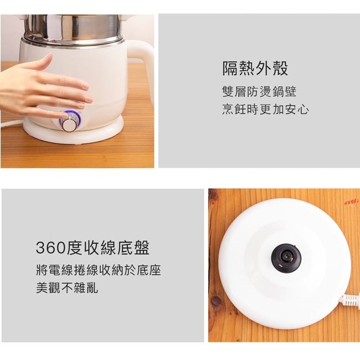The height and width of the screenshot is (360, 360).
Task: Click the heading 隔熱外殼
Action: pyautogui.click(x=255, y=68)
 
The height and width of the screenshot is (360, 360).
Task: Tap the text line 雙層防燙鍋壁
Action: pyautogui.click(x=259, y=91)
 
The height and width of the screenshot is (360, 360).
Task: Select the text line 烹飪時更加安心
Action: pyautogui.click(x=265, y=109)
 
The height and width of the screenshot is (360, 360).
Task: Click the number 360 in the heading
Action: pyautogui.click(x=50, y=248)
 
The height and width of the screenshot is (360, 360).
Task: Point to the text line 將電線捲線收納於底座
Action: pyautogui.click(x=99, y=270)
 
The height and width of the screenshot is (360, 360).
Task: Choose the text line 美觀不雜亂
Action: pyautogui.click(x=67, y=288)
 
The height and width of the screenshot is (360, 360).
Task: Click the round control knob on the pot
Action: pyautogui.click(x=69, y=125)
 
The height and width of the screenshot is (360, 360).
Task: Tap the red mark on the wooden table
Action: pyautogui.click(x=351, y=202)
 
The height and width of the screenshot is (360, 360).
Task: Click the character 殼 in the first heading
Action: pyautogui.click(x=280, y=68)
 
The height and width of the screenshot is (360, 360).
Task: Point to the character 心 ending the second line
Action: pyautogui.click(x=304, y=109)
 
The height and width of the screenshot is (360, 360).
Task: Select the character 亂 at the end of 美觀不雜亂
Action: pyautogui.click(x=92, y=288)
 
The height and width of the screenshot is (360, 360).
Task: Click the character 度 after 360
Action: pyautogui.click(x=74, y=248)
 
